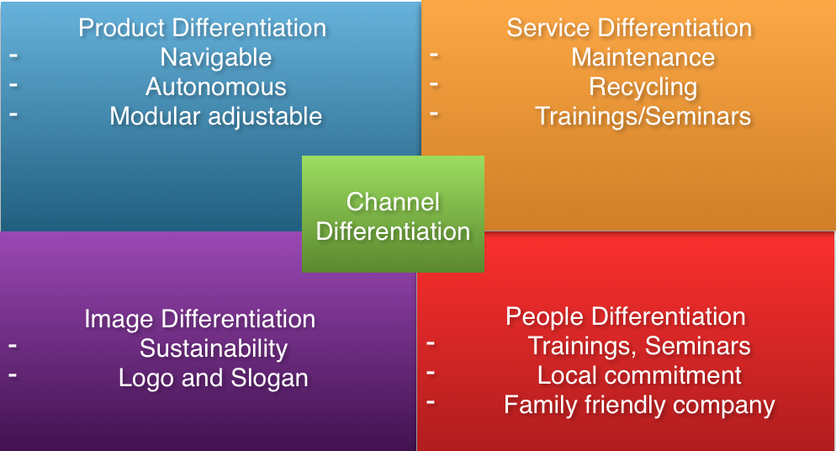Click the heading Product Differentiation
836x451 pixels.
[202, 28]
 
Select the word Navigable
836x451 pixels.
[216, 57]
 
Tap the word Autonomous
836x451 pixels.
[216, 87]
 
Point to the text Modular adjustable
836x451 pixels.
[216, 116]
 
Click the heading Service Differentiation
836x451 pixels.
[629, 28]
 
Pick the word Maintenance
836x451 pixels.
[643, 57]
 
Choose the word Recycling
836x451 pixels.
[643, 87]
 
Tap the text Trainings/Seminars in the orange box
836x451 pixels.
[643, 116]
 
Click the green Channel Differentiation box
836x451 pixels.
[393, 215]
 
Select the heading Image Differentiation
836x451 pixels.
[199, 320]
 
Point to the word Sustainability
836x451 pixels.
[214, 348]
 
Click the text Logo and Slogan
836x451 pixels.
[214, 378]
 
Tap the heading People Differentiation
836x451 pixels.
[626, 316]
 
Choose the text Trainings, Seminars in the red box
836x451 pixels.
[639, 346]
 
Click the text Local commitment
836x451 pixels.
[639, 375]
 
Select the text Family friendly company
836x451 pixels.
[639, 405]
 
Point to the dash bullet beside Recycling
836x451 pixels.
[434, 84]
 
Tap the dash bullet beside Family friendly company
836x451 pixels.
[431, 402]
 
